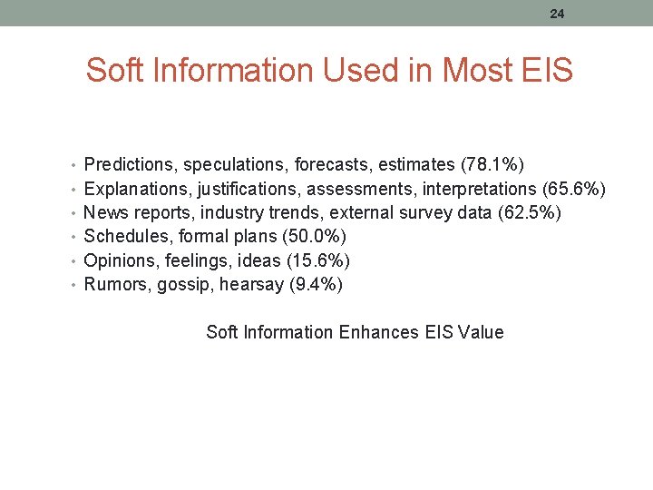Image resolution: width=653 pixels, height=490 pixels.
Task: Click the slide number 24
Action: (x=556, y=13)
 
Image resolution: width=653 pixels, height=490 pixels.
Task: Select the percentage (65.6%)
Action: (x=573, y=189)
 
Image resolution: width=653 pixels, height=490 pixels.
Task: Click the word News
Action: (x=103, y=212)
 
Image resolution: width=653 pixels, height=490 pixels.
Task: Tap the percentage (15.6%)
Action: (x=317, y=260)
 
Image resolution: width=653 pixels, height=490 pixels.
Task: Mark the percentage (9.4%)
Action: (x=314, y=285)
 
